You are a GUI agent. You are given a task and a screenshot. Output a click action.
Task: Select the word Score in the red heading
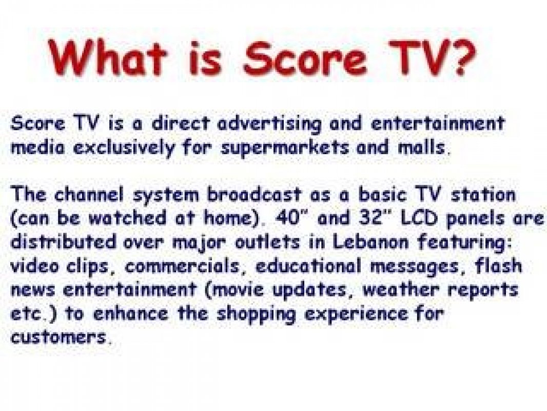(x=305, y=57)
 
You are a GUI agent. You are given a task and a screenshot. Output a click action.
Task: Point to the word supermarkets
(x=285, y=148)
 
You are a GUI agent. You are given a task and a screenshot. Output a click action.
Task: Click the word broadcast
(x=253, y=194)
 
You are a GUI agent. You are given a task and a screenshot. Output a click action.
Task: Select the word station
(x=483, y=194)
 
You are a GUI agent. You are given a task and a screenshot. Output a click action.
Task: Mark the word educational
(x=308, y=266)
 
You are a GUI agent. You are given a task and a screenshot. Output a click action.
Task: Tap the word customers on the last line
(x=58, y=337)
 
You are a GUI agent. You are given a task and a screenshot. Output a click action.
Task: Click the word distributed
(x=63, y=241)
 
